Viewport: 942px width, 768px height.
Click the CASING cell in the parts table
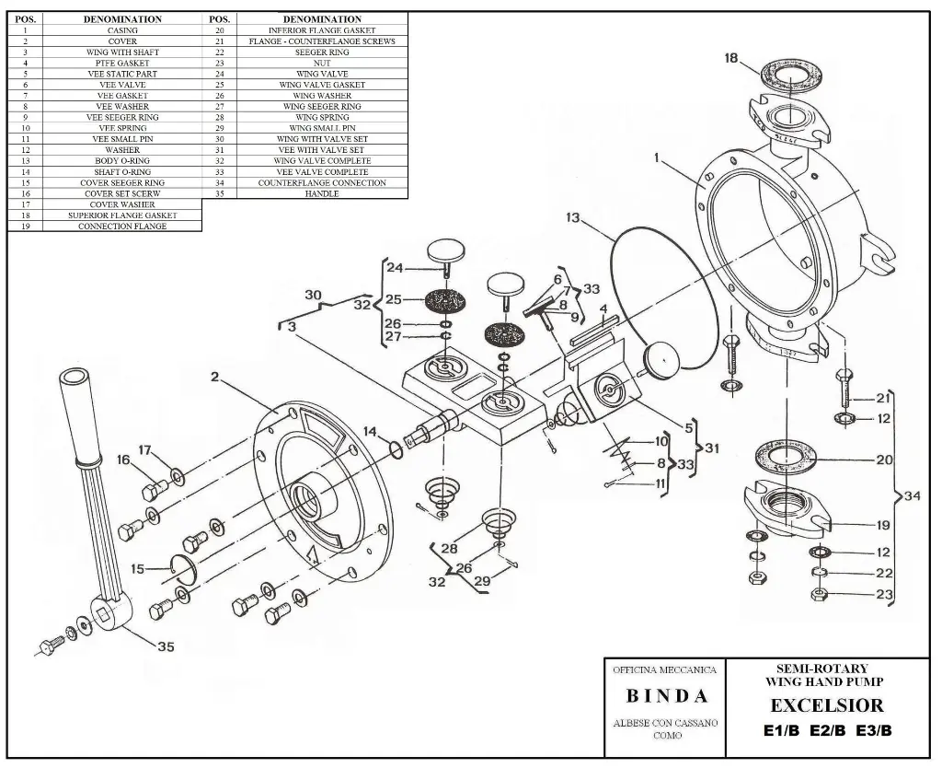(x=122, y=30)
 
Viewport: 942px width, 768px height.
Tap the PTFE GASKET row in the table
(x=122, y=63)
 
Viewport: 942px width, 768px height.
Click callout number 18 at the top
(x=731, y=58)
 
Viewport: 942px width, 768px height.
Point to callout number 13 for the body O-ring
(x=572, y=218)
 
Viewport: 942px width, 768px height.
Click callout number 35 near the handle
(x=165, y=646)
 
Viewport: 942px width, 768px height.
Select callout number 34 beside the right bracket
(x=912, y=497)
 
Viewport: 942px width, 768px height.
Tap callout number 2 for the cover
(x=213, y=378)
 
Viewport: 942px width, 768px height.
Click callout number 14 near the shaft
(x=369, y=431)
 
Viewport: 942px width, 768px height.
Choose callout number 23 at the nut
(x=884, y=595)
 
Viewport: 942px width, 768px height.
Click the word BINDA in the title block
(x=667, y=695)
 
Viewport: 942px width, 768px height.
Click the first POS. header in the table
(x=26, y=18)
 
